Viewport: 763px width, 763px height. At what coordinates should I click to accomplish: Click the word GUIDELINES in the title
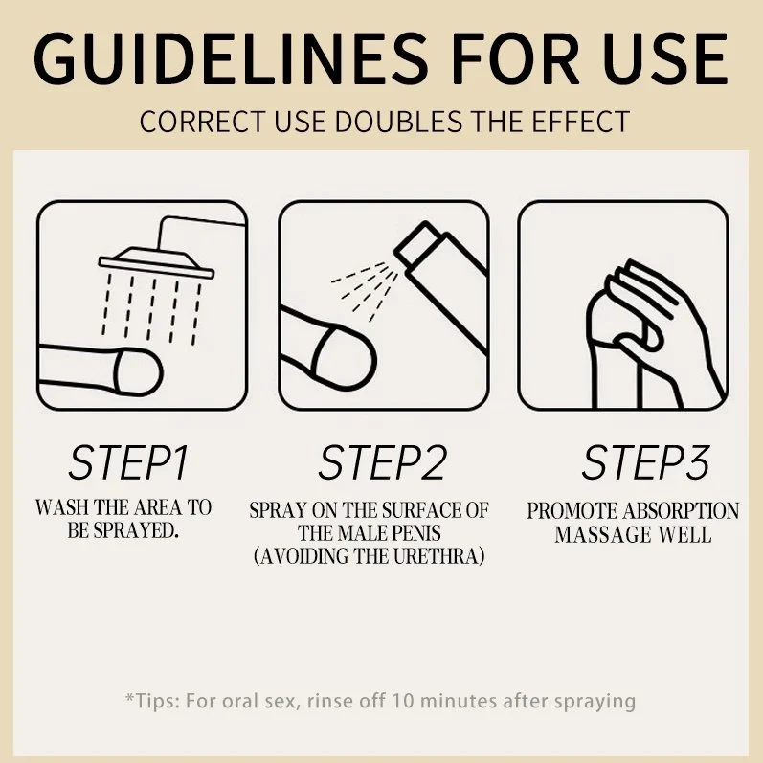click(x=231, y=58)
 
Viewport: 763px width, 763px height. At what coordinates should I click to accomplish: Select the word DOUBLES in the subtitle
click(x=398, y=122)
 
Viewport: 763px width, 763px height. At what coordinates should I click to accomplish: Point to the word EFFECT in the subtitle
click(x=581, y=122)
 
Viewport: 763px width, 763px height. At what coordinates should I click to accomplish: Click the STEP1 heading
click(x=128, y=462)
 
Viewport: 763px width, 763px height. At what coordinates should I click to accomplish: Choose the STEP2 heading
click(x=383, y=462)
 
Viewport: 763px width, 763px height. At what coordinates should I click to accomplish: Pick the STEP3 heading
click(x=646, y=462)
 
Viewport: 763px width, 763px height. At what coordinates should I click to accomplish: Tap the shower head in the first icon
click(x=156, y=263)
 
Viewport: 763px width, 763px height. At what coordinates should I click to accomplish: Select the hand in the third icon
click(x=656, y=334)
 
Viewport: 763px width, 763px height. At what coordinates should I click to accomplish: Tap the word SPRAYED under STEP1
click(x=134, y=530)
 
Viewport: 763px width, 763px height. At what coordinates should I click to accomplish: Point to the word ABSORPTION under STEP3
click(x=681, y=511)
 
